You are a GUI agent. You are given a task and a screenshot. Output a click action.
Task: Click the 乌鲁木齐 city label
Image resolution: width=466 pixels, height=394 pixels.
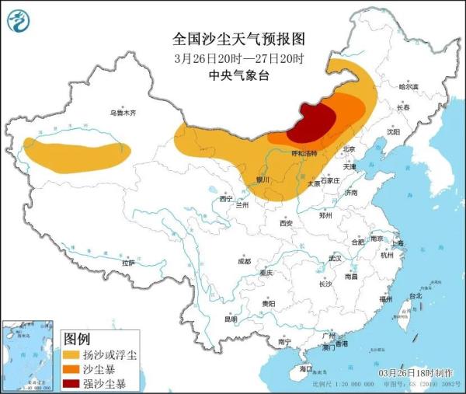pyautogui.click(x=122, y=113)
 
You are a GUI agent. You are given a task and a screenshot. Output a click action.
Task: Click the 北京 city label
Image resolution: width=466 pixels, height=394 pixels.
pyautogui.click(x=349, y=149)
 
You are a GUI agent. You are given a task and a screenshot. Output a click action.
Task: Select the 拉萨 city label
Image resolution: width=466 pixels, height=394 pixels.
pyautogui.click(x=128, y=263)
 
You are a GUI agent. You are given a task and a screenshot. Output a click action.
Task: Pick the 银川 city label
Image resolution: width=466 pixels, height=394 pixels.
pyautogui.click(x=262, y=180)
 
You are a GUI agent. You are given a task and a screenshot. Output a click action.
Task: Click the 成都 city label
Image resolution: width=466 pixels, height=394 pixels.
pyautogui.click(x=244, y=261)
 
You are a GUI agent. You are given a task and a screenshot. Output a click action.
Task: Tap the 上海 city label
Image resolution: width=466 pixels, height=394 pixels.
pyautogui.click(x=398, y=243)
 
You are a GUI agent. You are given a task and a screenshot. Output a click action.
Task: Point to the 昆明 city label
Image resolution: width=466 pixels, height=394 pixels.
pyautogui.click(x=231, y=319)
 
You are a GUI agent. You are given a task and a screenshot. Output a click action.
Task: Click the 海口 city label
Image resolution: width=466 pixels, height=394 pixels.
pyautogui.click(x=305, y=368)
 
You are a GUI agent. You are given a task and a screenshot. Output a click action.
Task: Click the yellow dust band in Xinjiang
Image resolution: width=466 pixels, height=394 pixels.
pyautogui.click(x=74, y=152)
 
